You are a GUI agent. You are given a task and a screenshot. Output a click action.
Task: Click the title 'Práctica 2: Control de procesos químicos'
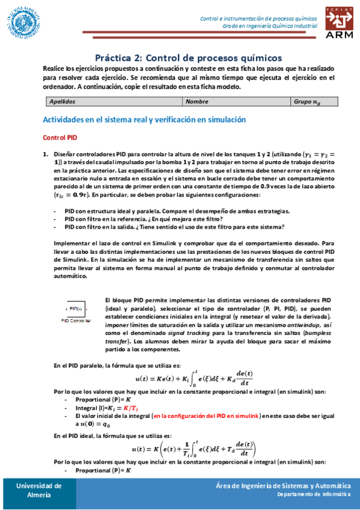(x=188, y=58)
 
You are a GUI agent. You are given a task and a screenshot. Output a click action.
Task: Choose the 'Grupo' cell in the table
(x=310, y=102)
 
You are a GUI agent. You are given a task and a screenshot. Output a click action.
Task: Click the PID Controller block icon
(x=75, y=309)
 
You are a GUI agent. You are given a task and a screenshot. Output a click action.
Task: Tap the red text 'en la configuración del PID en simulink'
(x=206, y=416)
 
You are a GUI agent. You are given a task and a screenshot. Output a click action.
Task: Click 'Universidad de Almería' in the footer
(x=38, y=490)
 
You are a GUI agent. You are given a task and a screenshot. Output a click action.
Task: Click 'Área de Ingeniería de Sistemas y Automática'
(x=283, y=485)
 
